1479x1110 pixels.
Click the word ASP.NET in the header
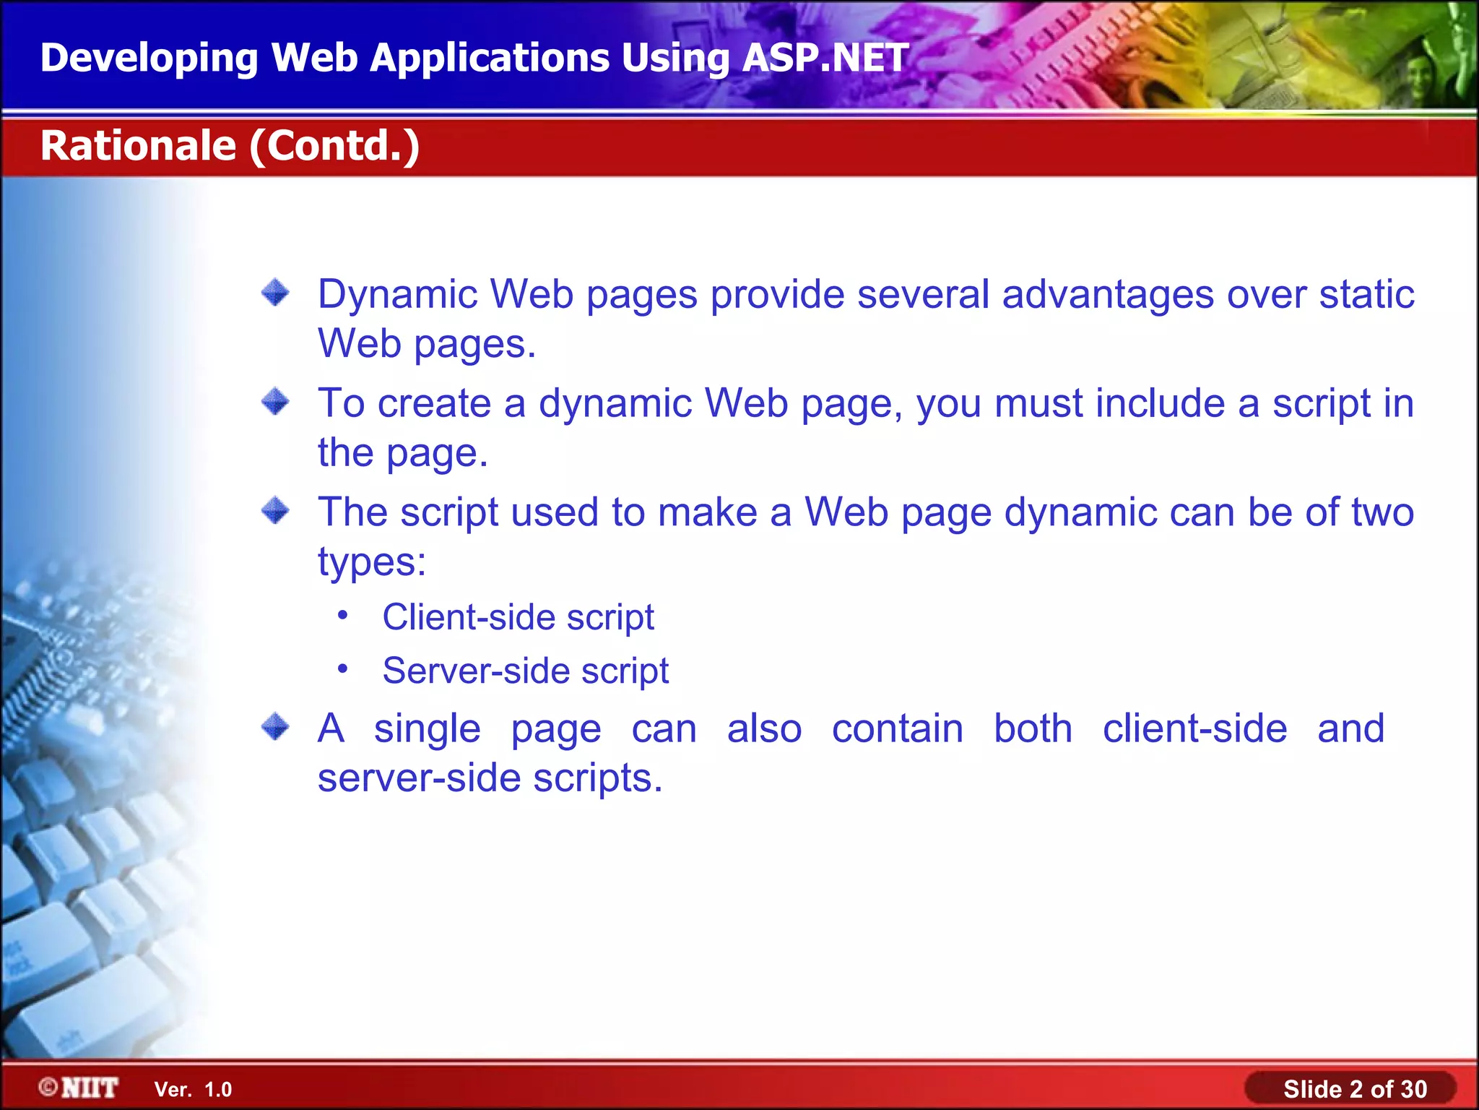pyautogui.click(x=825, y=58)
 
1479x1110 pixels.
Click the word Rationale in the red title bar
pyautogui.click(x=138, y=145)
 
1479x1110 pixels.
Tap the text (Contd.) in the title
pyautogui.click(x=334, y=146)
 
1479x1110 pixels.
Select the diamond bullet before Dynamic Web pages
pyautogui.click(x=275, y=293)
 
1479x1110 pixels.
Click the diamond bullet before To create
pyautogui.click(x=275, y=402)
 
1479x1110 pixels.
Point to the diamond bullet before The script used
pyautogui.click(x=275, y=511)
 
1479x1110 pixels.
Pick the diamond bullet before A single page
pyautogui.click(x=275, y=727)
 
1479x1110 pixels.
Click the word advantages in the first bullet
pyautogui.click(x=1108, y=294)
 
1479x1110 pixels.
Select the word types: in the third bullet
pyautogui.click(x=372, y=562)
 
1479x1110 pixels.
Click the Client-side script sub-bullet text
pyautogui.click(x=518, y=617)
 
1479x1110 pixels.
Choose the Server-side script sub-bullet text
pyautogui.click(x=525, y=671)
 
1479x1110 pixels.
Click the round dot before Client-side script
pyautogui.click(x=343, y=616)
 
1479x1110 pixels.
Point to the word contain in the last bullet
pyautogui.click(x=897, y=728)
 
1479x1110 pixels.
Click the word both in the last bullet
pyautogui.click(x=1033, y=728)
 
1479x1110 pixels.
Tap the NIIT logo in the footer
pyautogui.click(x=79, y=1088)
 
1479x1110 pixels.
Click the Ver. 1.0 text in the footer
pyautogui.click(x=193, y=1089)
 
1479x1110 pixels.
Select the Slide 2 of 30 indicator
pyautogui.click(x=1354, y=1088)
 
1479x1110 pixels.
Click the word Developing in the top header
pyautogui.click(x=149, y=58)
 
